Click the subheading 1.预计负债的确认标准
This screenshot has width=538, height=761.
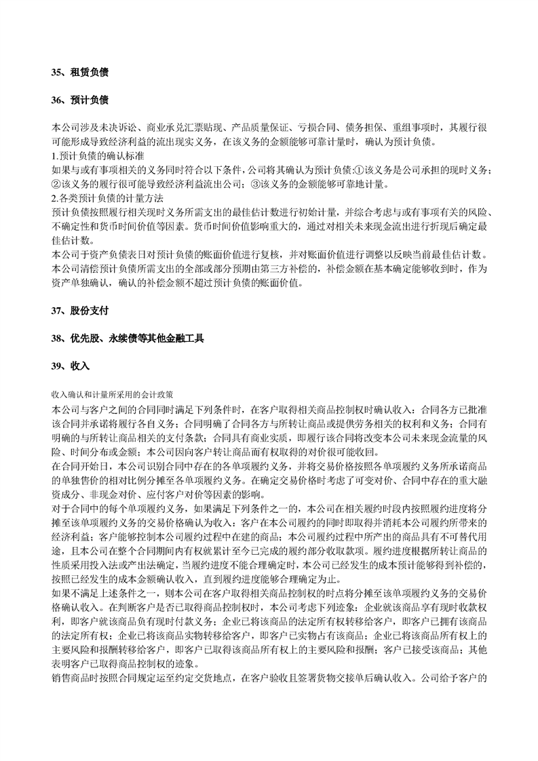(97, 156)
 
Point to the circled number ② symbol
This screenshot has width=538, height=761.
(56, 184)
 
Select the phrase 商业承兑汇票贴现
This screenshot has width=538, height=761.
(179, 128)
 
